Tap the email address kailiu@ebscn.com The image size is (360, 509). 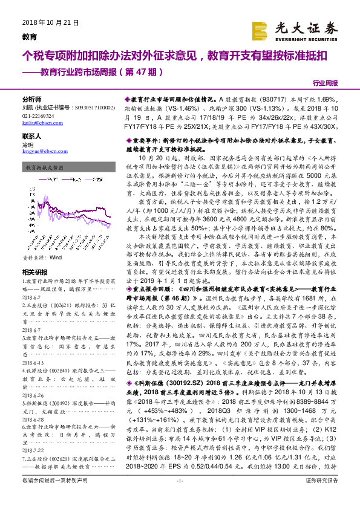pos(38,123)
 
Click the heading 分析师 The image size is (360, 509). pos(31,99)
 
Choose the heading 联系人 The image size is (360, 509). pos(31,137)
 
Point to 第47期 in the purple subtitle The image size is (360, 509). pos(144,72)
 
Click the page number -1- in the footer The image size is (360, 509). pos(179,498)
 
